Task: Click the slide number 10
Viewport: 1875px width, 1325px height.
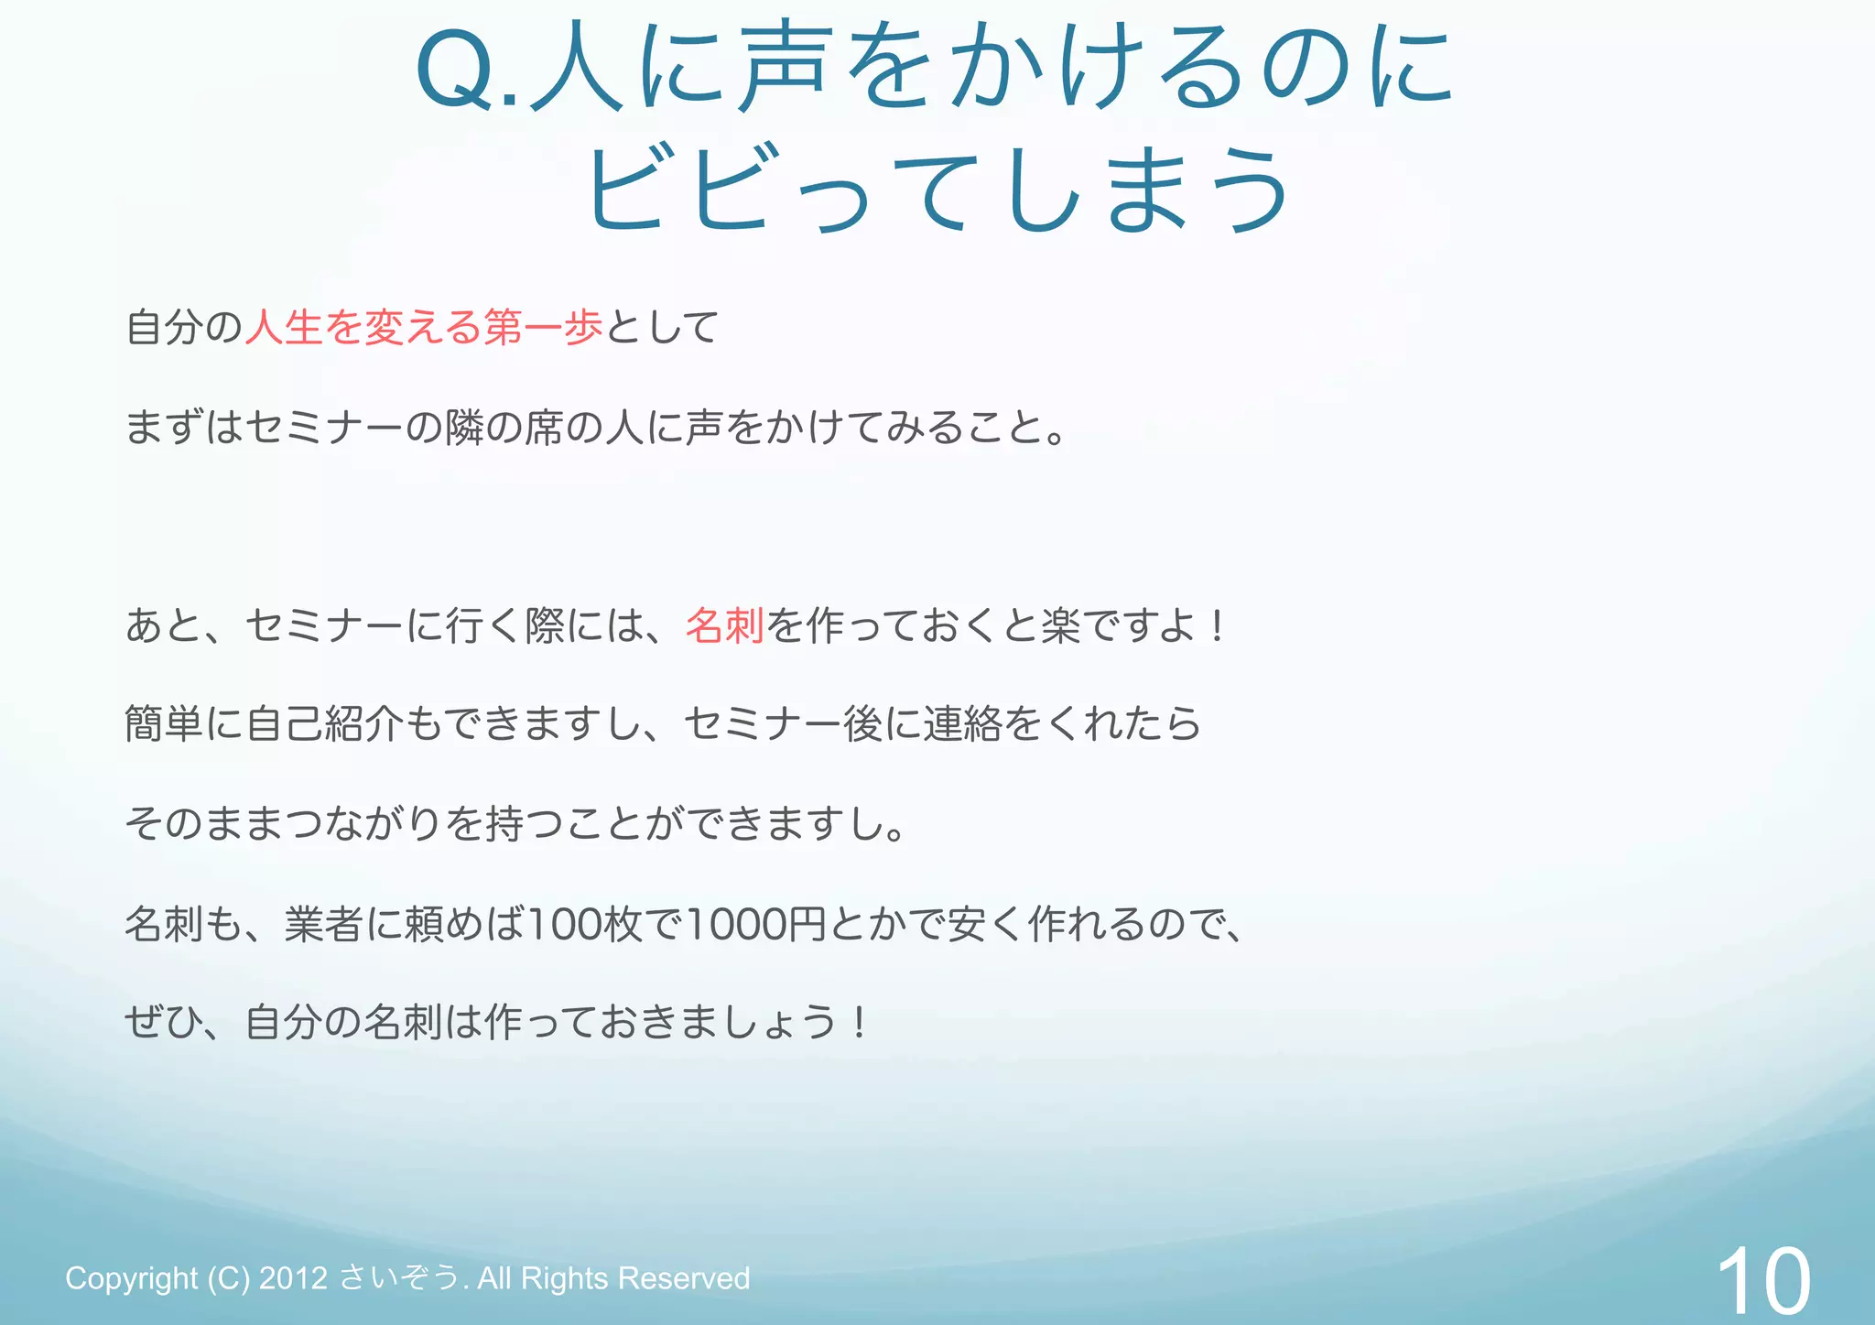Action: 1762,1280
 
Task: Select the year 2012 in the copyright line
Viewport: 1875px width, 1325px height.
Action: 293,1278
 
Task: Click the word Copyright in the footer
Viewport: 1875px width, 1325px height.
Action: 131,1278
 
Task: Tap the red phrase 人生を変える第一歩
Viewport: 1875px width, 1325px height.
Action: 424,328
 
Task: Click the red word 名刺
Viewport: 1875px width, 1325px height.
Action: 724,626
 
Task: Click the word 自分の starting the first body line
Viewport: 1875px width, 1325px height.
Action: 183,328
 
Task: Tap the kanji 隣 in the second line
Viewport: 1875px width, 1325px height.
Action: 464,428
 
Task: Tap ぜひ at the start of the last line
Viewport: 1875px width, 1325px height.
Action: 163,1023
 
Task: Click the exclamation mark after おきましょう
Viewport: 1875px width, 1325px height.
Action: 858,1023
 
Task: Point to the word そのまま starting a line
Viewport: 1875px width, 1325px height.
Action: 203,824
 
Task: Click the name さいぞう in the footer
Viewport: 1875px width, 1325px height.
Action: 399,1278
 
